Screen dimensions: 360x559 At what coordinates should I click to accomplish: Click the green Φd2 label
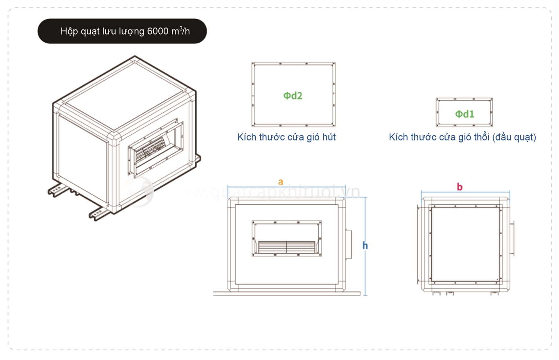point(293,95)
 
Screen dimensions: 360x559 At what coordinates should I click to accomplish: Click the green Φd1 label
point(464,114)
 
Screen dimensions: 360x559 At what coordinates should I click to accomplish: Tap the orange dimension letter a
point(280,182)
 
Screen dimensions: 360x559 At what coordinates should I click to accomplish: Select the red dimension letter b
point(460,187)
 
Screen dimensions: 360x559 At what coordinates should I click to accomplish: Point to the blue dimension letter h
point(365,245)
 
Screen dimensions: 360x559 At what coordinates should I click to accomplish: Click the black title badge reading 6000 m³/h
point(122,31)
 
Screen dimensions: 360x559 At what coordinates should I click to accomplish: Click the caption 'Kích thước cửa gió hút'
point(286,137)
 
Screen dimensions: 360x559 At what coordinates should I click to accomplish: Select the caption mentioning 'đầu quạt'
point(462,137)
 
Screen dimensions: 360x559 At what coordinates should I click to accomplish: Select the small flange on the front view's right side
point(349,244)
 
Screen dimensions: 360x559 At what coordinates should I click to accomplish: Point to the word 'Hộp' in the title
point(68,32)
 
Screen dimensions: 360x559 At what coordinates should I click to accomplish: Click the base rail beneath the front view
point(286,293)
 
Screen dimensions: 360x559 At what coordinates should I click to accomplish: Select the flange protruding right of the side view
point(513,239)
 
